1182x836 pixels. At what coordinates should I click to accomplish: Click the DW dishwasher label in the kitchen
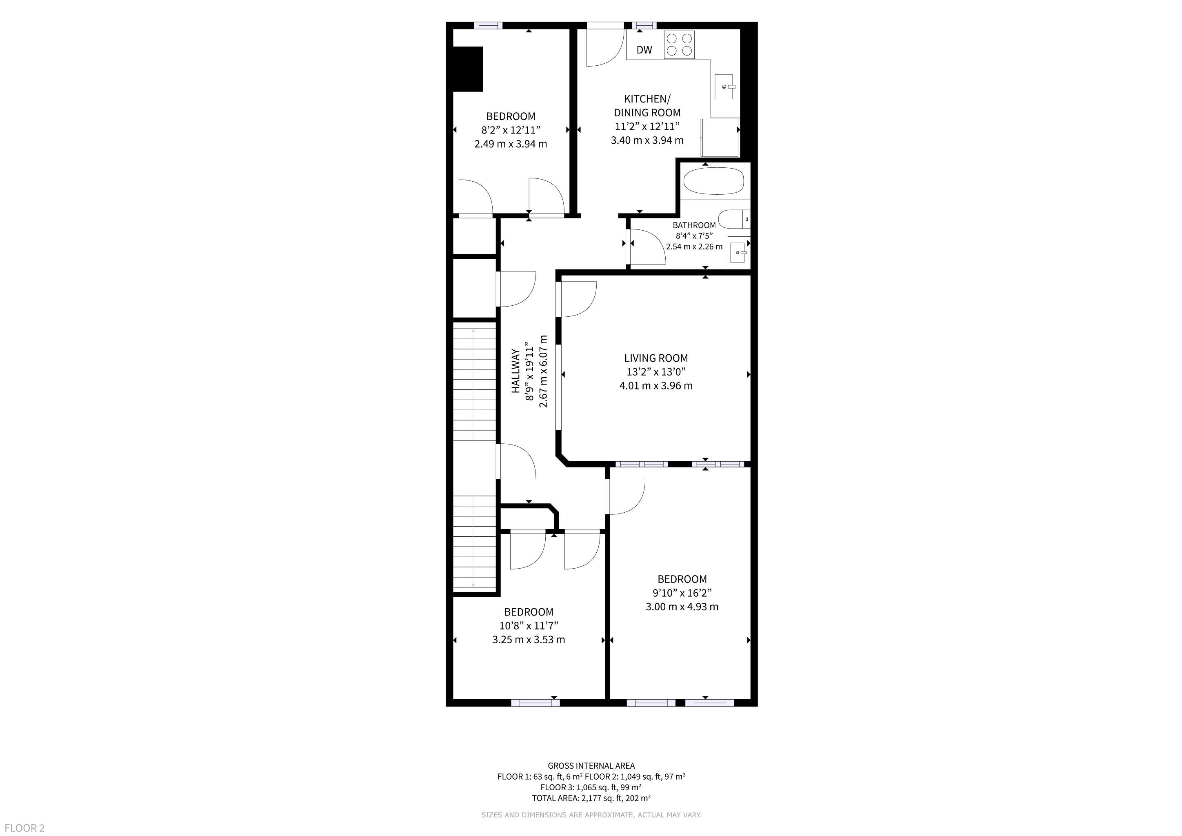tap(644, 50)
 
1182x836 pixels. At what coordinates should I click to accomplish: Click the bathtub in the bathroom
tap(713, 181)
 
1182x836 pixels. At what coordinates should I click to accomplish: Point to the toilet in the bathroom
tap(734, 219)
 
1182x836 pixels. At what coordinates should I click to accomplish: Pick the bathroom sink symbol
tap(739, 253)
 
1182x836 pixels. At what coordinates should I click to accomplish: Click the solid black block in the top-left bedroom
tap(467, 69)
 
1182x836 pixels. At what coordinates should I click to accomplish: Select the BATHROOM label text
tap(694, 225)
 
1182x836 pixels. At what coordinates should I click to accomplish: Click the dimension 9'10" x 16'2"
tap(682, 593)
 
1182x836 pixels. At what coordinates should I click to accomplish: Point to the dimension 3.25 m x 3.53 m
tap(529, 640)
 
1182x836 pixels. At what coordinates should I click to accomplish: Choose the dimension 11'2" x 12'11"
tap(647, 127)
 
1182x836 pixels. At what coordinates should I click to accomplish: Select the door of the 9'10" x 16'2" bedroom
tap(626, 497)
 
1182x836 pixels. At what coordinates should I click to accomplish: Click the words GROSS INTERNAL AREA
tap(591, 766)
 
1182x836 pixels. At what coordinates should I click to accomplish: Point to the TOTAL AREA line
tap(591, 798)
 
